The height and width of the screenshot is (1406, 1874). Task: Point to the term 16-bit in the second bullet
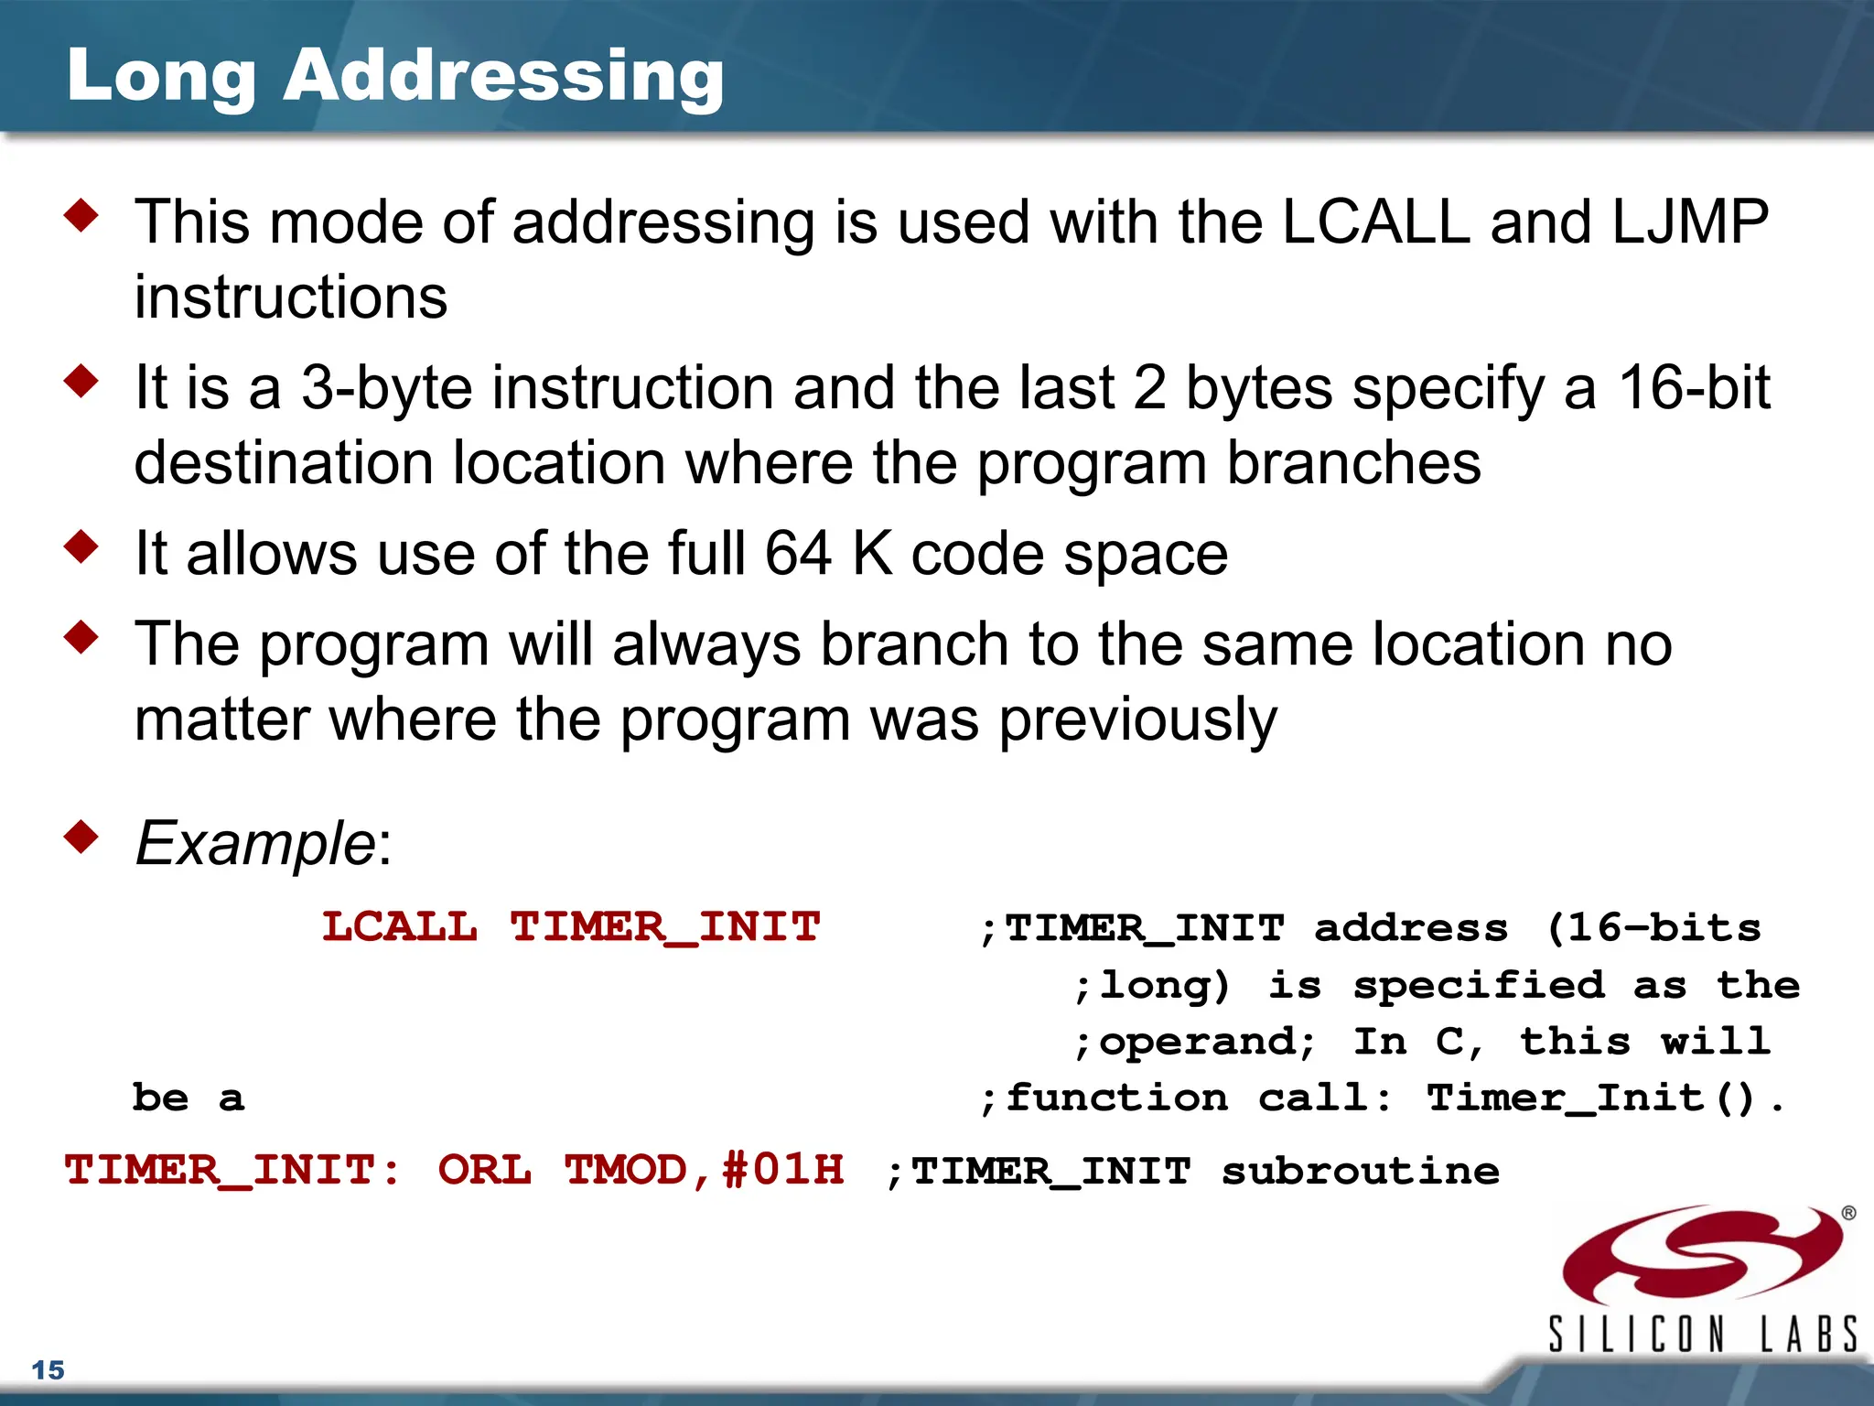click(1694, 388)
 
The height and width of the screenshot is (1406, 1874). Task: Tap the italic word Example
click(254, 843)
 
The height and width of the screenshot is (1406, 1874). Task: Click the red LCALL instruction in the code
click(400, 927)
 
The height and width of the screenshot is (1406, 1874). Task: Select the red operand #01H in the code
click(783, 1170)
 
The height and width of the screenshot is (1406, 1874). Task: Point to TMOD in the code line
click(626, 1170)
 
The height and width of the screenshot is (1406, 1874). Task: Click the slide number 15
click(48, 1370)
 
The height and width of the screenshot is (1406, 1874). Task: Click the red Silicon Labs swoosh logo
click(1702, 1254)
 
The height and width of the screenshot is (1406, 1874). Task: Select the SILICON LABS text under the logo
click(1702, 1334)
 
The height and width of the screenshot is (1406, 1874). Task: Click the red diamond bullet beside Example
click(81, 837)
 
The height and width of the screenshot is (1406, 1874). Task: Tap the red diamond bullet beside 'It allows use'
click(81, 546)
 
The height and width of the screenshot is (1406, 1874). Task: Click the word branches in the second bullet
click(1353, 463)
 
